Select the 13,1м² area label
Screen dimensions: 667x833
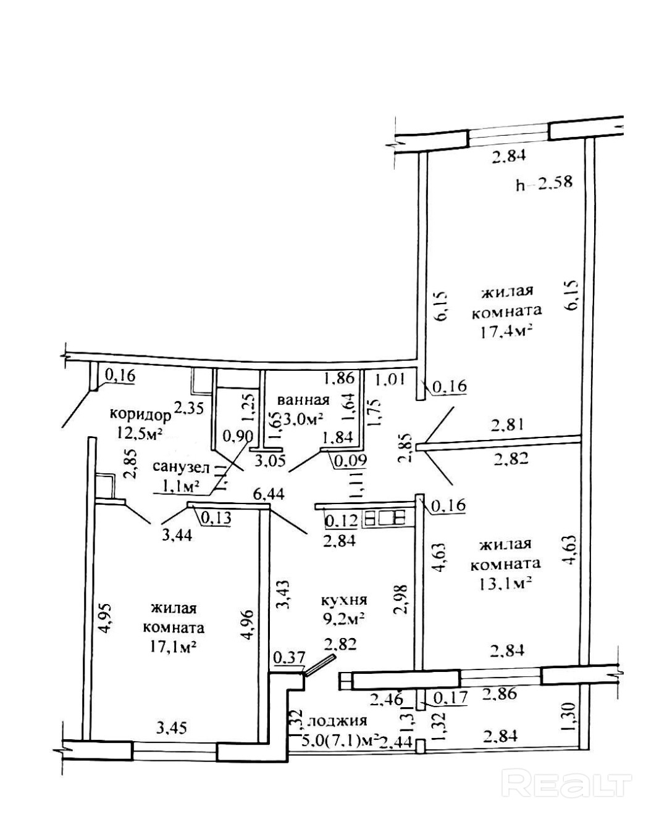coord(505,583)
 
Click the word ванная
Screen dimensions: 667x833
coord(303,400)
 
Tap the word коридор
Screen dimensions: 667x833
coord(140,415)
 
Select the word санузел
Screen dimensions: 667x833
coord(181,467)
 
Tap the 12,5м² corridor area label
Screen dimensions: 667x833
coord(139,433)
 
